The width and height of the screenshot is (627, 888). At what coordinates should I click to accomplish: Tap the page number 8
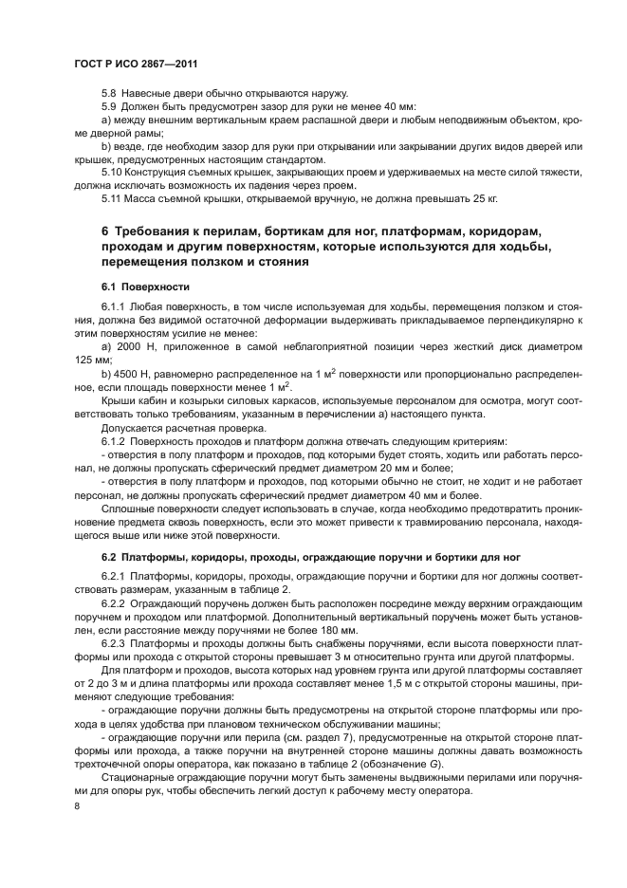[76, 806]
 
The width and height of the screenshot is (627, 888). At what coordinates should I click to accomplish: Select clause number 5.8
[109, 92]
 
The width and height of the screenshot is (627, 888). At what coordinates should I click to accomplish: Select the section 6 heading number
[104, 232]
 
